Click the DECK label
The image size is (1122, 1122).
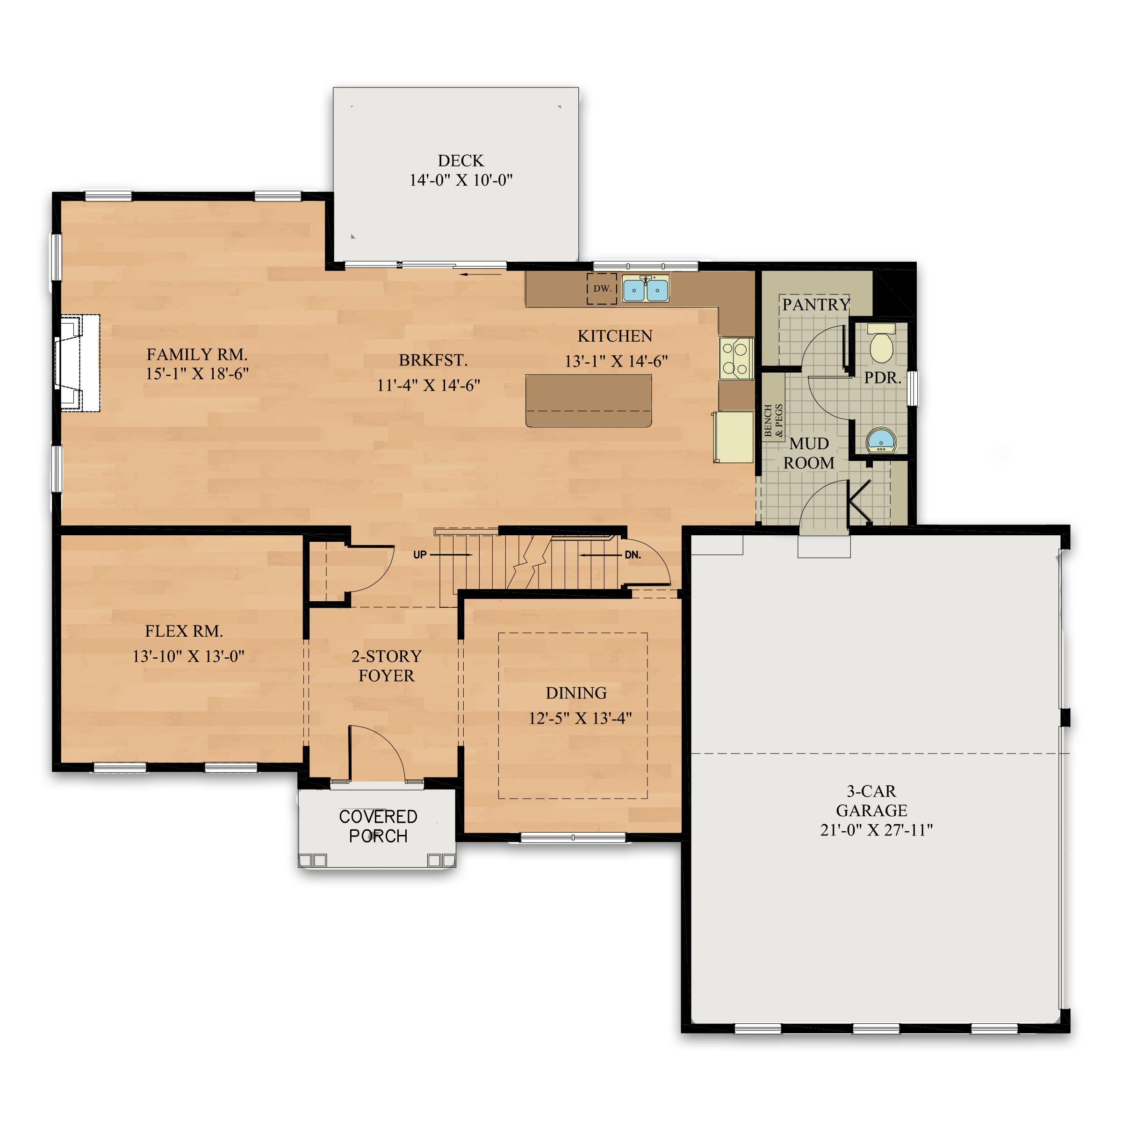pyautogui.click(x=460, y=161)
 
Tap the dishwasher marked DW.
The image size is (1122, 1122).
pyautogui.click(x=601, y=288)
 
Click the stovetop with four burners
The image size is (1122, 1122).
pyautogui.click(x=735, y=358)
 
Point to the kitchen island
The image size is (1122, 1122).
pyautogui.click(x=588, y=401)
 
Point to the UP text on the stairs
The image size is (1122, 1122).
pyautogui.click(x=420, y=554)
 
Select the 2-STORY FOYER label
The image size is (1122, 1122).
pyautogui.click(x=386, y=666)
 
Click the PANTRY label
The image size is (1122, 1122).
pyautogui.click(x=815, y=304)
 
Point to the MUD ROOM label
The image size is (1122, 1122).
pyautogui.click(x=808, y=453)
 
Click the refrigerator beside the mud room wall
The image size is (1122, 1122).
pyautogui.click(x=734, y=437)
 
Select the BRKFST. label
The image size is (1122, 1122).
pyautogui.click(x=432, y=360)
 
